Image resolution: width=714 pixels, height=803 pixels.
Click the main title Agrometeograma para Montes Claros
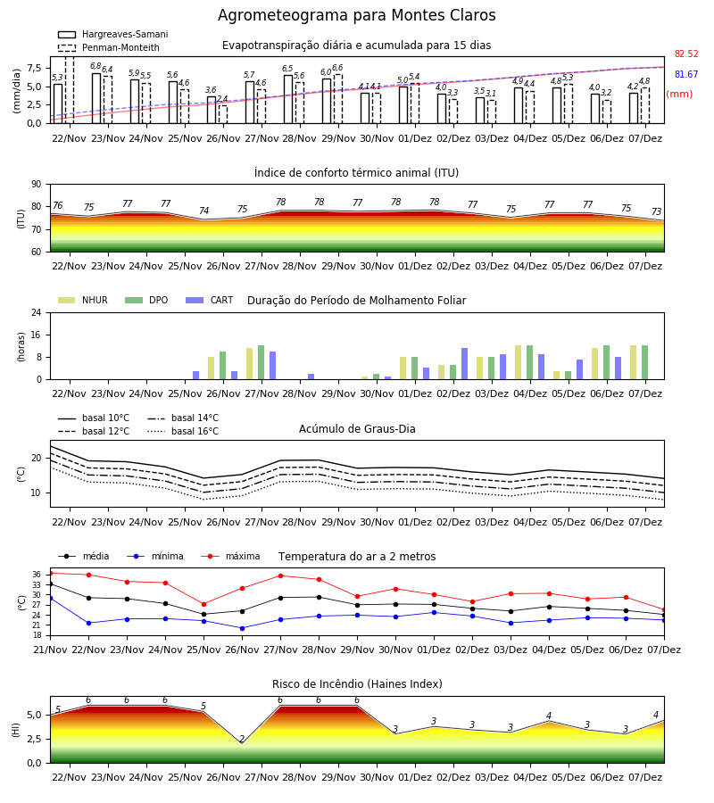coord(356,15)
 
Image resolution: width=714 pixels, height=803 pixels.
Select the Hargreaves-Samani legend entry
coord(112,34)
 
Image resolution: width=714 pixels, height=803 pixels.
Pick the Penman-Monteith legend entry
coord(109,47)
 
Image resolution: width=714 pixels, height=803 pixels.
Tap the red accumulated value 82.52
coord(686,54)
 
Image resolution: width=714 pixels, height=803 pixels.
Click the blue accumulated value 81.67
coord(686,74)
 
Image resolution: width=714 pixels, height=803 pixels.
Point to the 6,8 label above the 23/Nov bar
coord(95,66)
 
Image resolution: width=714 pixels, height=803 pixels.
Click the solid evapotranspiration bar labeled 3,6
coord(212,110)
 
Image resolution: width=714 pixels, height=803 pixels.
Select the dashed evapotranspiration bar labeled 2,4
coord(223,114)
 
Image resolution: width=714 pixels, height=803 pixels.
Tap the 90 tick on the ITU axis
coord(37,185)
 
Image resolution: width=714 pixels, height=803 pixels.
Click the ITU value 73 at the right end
coord(656,211)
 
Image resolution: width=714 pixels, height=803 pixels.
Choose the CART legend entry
coord(210,300)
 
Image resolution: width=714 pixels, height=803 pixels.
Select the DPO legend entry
coord(146,300)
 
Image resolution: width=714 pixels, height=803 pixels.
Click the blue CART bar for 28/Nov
coord(311,377)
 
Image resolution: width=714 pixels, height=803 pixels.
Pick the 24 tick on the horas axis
coord(37,313)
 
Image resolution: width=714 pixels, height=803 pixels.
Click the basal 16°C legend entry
coord(183,431)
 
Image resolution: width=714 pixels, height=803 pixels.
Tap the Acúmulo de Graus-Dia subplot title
coord(357,429)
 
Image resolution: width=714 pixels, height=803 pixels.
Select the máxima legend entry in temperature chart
coord(230,556)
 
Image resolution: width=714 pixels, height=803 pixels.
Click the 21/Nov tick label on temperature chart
coord(50,650)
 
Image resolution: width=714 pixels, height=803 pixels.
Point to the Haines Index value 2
coord(242,740)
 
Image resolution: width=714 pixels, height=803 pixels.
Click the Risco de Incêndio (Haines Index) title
coord(357,684)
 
